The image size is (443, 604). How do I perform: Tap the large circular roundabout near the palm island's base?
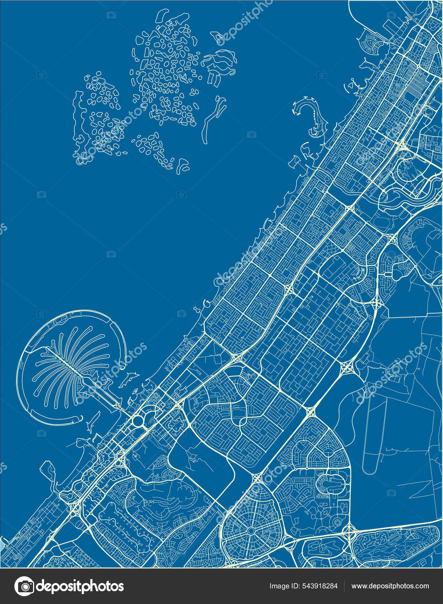[x=138, y=421]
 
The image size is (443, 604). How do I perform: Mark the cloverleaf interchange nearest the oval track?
[x=347, y=368]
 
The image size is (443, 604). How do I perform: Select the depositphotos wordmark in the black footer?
[x=80, y=586]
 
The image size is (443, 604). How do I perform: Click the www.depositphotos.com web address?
[x=390, y=586]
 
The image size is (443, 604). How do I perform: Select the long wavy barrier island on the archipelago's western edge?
[x=78, y=117]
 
